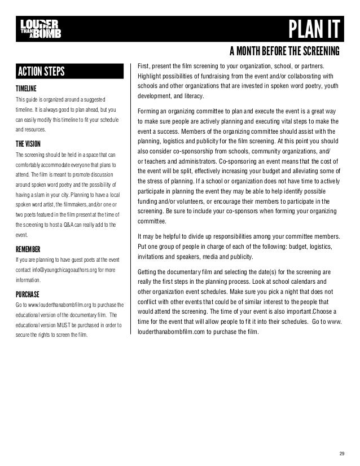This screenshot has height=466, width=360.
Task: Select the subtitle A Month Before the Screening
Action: (284, 52)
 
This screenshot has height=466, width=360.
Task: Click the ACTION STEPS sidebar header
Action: (42, 72)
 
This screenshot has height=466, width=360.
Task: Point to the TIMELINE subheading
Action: (26, 89)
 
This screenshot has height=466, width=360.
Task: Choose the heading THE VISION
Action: (28, 143)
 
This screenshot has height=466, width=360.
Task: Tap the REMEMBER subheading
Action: (28, 249)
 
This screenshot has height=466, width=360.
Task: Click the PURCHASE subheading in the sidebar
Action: (28, 294)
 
